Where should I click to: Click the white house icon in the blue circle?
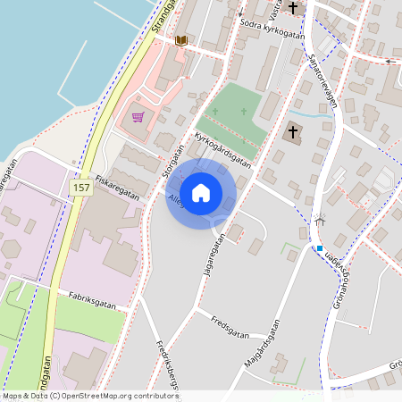(201, 192)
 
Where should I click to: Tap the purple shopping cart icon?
(138, 116)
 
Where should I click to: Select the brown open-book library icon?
(181, 41)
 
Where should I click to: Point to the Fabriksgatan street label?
(94, 293)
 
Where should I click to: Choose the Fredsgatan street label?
(227, 319)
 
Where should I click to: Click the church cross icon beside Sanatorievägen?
(292, 133)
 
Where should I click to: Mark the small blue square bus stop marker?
(319, 248)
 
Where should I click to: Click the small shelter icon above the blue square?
(320, 219)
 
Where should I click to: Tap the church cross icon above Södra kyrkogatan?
(292, 9)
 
